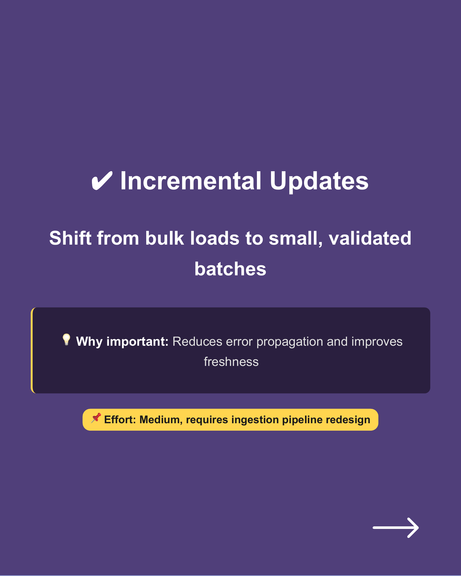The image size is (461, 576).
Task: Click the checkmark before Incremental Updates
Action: (x=102, y=181)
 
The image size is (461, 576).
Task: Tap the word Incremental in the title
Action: (x=191, y=181)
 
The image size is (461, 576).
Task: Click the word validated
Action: (x=370, y=238)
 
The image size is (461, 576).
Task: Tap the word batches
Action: (x=230, y=269)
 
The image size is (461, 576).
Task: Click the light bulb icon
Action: (x=66, y=340)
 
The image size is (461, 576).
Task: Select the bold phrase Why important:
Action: (x=122, y=341)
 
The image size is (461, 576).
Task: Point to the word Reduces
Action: (x=197, y=341)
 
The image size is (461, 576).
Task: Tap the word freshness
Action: (x=231, y=362)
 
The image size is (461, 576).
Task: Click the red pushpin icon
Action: (x=96, y=418)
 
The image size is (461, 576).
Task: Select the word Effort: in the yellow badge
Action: (x=120, y=420)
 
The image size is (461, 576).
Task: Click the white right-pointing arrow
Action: (x=395, y=528)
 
